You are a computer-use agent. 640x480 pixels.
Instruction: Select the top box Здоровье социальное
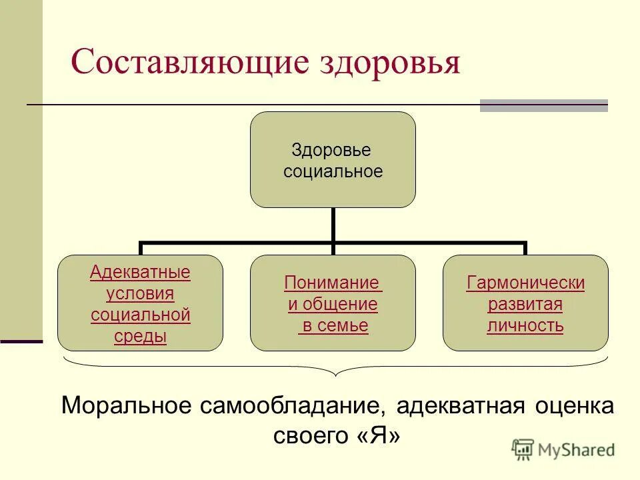pyautogui.click(x=333, y=160)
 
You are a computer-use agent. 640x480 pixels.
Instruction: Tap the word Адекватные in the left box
pyautogui.click(x=140, y=272)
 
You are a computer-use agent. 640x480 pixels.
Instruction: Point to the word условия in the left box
pyautogui.click(x=140, y=293)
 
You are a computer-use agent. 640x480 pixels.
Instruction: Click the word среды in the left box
pyautogui.click(x=140, y=337)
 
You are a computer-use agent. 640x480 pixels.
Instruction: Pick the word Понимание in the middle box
pyautogui.click(x=333, y=283)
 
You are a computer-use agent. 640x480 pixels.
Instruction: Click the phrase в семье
pyautogui.click(x=333, y=326)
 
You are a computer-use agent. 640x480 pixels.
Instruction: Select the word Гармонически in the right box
pyautogui.click(x=525, y=283)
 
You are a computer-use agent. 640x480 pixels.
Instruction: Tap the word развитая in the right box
pyautogui.click(x=525, y=305)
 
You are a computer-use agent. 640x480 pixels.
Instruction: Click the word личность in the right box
pyautogui.click(x=525, y=326)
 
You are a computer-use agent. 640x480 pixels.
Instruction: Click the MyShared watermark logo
pyautogui.click(x=563, y=449)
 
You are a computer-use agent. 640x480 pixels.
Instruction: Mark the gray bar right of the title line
pyautogui.click(x=543, y=105)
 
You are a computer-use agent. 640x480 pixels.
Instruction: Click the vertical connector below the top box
pyautogui.click(x=333, y=225)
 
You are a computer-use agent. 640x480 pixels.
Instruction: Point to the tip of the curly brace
pyautogui.click(x=335, y=376)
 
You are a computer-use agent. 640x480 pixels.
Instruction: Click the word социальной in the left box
pyautogui.click(x=140, y=315)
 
